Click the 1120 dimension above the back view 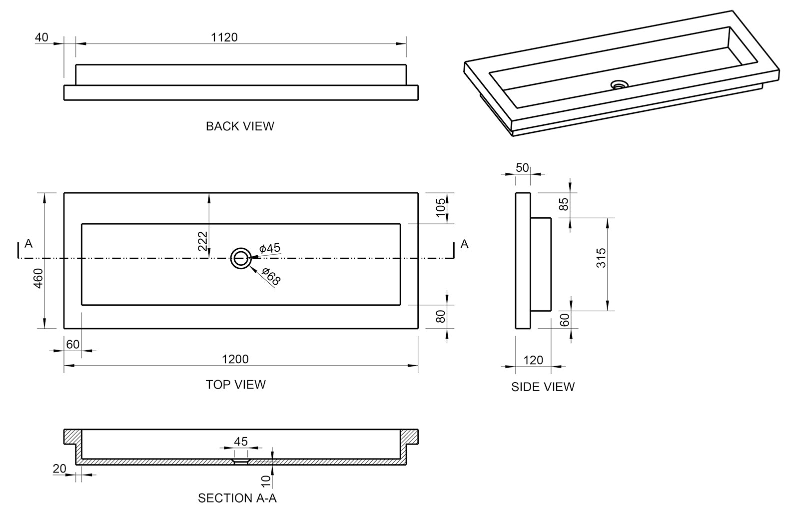point(224,37)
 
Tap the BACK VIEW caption point(240,126)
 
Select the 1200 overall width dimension point(235,359)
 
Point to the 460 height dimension point(38,278)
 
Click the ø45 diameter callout point(270,248)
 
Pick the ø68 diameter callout point(271,277)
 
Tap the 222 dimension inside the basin point(202,241)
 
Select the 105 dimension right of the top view point(440,208)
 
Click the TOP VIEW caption point(236,384)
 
